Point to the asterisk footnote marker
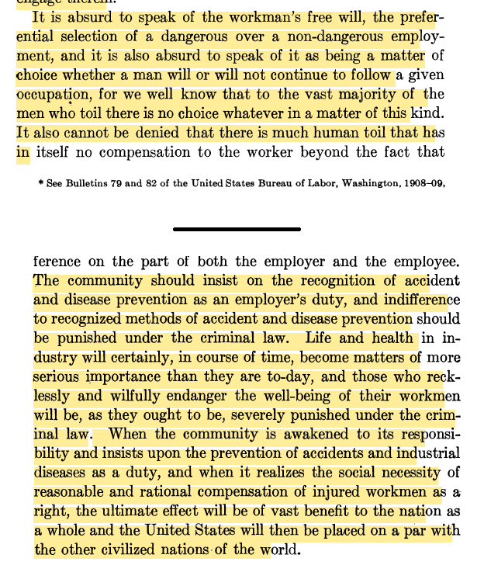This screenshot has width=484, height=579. [40, 183]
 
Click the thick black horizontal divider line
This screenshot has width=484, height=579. [237, 229]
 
